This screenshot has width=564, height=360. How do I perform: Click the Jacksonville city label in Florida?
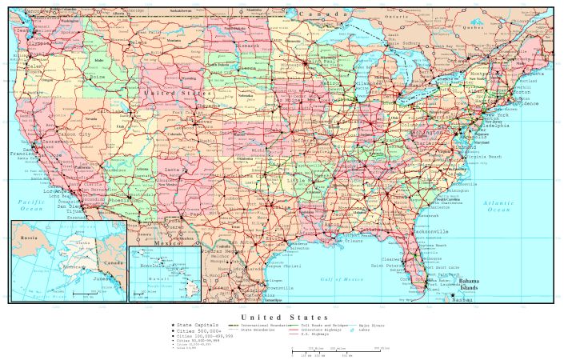tap(434, 231)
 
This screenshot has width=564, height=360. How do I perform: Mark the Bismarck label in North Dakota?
tap(248, 46)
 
